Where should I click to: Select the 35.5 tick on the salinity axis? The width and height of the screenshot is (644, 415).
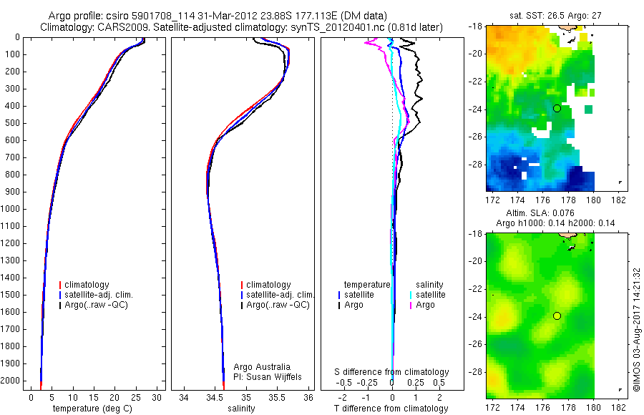coord(278,397)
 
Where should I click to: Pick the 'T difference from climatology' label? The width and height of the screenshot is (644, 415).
coord(391,409)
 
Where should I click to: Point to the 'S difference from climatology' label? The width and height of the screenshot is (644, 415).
coord(391,372)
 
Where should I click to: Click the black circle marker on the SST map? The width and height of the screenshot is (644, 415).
coord(557,108)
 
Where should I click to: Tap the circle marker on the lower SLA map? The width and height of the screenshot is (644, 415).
coord(557,316)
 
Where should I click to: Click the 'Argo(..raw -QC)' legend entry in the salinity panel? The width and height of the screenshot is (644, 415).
coord(278,305)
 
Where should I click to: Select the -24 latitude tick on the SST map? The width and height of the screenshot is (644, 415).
coord(476,109)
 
